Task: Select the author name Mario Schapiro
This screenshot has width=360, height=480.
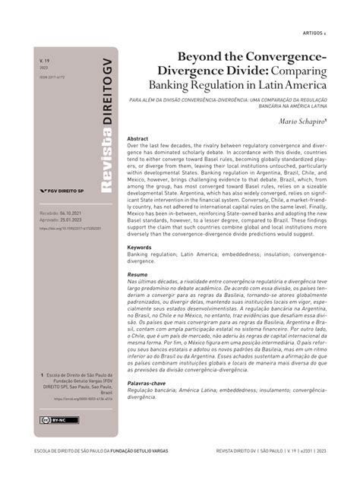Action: click(x=298, y=121)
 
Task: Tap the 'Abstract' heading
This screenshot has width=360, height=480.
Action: click(x=137, y=140)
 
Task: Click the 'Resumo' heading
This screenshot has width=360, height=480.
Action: click(x=137, y=273)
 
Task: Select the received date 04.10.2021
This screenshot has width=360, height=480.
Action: click(x=72, y=215)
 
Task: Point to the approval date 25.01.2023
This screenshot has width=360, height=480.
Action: click(x=71, y=221)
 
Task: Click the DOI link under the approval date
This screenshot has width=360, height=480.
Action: click(x=68, y=227)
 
